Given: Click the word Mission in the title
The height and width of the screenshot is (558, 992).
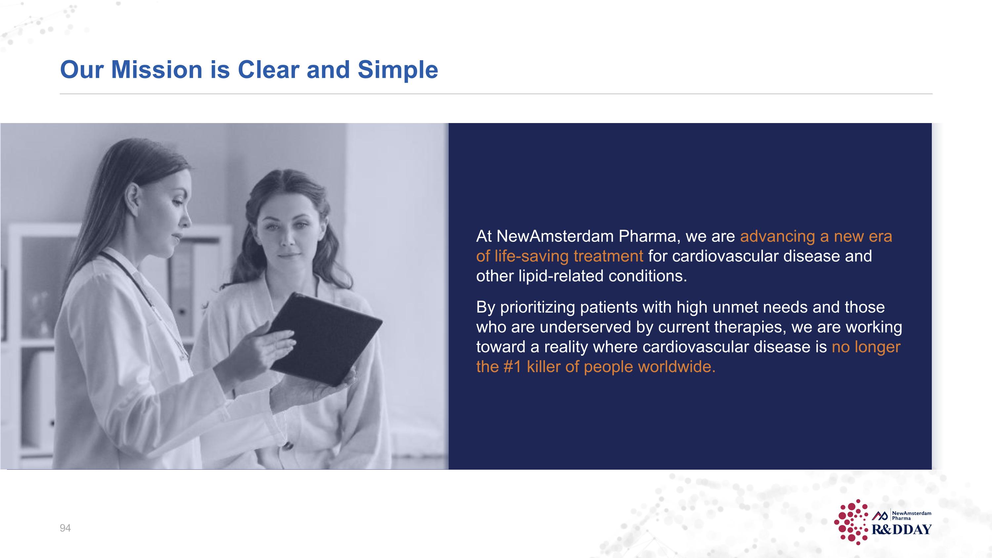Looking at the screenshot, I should tap(156, 70).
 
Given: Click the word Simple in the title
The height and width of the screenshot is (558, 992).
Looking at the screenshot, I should tap(398, 70).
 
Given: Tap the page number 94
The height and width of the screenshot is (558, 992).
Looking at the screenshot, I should tap(65, 528).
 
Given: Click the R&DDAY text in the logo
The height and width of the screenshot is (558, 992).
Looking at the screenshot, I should tap(901, 530).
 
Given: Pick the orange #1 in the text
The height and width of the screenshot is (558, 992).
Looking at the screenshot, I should tap(512, 366).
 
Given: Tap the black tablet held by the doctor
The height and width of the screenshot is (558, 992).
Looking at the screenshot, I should tap(327, 339).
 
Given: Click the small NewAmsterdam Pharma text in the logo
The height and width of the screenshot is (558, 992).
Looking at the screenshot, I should tap(911, 515).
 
